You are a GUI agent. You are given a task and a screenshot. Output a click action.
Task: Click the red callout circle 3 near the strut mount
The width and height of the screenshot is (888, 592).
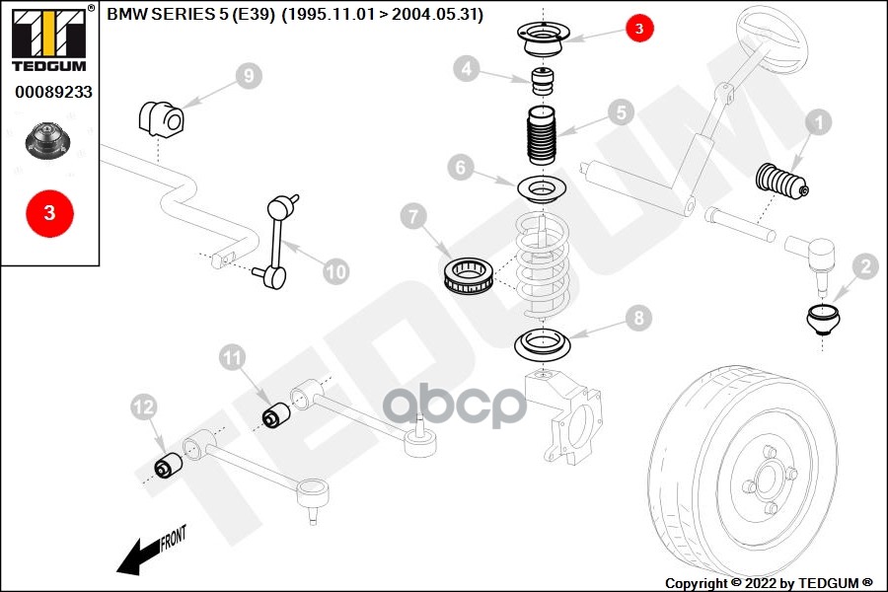pos(638,30)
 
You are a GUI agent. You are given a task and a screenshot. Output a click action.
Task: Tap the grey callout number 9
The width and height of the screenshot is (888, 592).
pos(249,74)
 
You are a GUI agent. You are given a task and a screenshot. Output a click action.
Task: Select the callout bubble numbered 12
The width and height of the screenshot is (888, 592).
pos(144,406)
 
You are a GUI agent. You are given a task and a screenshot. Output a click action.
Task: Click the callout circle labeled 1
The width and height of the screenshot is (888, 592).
pos(819,123)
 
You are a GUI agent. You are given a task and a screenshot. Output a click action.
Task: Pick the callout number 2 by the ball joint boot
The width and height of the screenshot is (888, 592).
pos(865,264)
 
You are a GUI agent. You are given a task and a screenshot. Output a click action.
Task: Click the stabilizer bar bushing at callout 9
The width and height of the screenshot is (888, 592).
pos(160,118)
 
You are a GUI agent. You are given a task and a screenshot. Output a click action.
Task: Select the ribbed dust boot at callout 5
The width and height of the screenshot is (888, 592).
pos(539,143)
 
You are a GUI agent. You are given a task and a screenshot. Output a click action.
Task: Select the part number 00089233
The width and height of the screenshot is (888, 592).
pos(53,92)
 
